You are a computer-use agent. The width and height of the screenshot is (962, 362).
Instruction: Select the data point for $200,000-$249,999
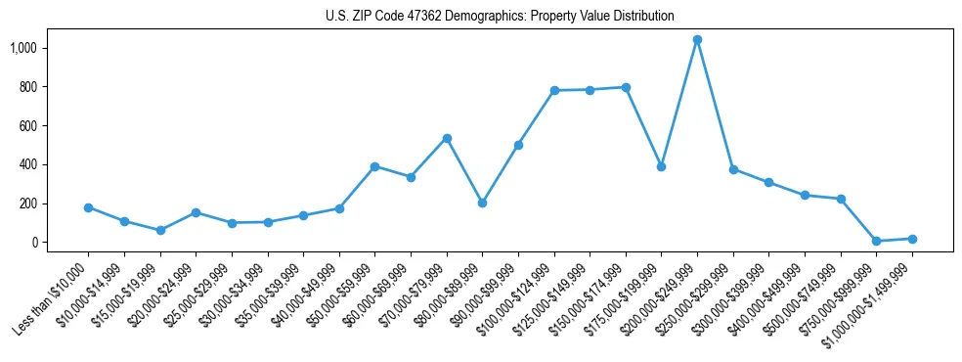point(697,40)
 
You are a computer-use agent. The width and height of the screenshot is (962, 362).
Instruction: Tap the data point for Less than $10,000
point(88,207)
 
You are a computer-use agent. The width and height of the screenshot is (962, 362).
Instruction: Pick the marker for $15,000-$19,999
point(160,230)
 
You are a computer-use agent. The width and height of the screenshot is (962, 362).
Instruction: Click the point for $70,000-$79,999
point(447,138)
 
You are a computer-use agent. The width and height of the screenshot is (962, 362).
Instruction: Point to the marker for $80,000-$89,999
point(482,203)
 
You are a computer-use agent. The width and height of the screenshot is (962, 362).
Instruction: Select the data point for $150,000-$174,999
point(626,87)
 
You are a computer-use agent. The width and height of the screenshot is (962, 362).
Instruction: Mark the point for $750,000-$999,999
point(876,241)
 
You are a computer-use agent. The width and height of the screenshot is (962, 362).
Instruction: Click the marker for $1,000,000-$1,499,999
point(912,239)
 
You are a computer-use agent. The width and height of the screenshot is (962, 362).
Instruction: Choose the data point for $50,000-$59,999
point(374,166)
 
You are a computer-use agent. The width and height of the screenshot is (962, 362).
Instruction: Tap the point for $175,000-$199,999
point(661,166)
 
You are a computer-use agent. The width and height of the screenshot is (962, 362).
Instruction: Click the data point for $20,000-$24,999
point(196,212)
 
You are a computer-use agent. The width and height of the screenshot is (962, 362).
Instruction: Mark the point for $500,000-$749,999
point(841,199)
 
